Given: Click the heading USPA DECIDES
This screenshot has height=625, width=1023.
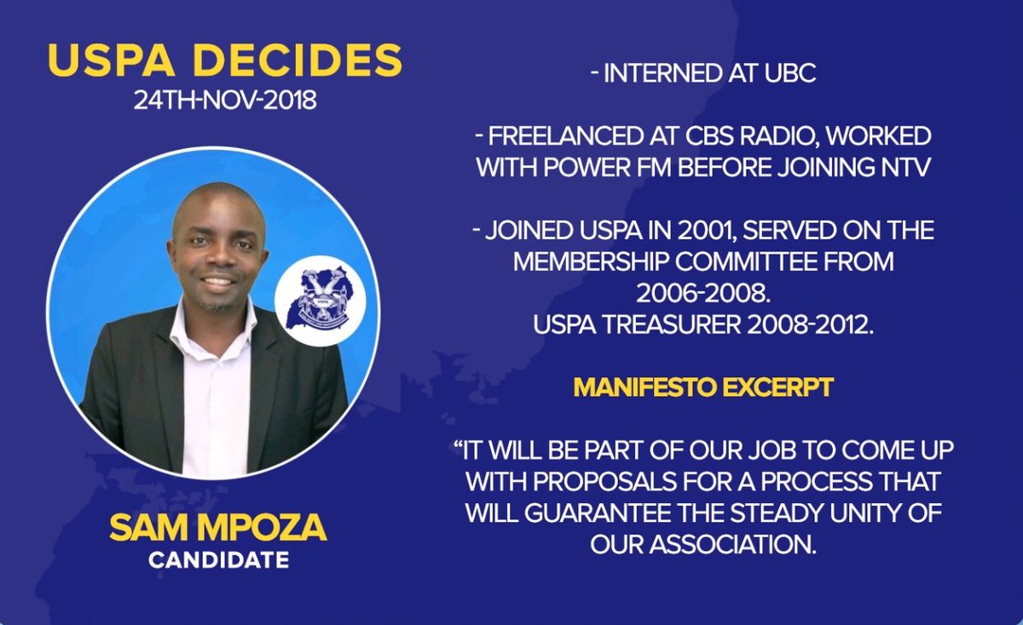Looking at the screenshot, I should [x=224, y=61].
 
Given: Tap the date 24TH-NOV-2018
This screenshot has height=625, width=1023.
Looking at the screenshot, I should [x=224, y=100].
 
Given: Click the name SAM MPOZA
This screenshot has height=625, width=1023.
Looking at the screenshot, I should [x=217, y=529].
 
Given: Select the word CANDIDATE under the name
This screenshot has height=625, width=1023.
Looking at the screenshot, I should [x=218, y=561].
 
